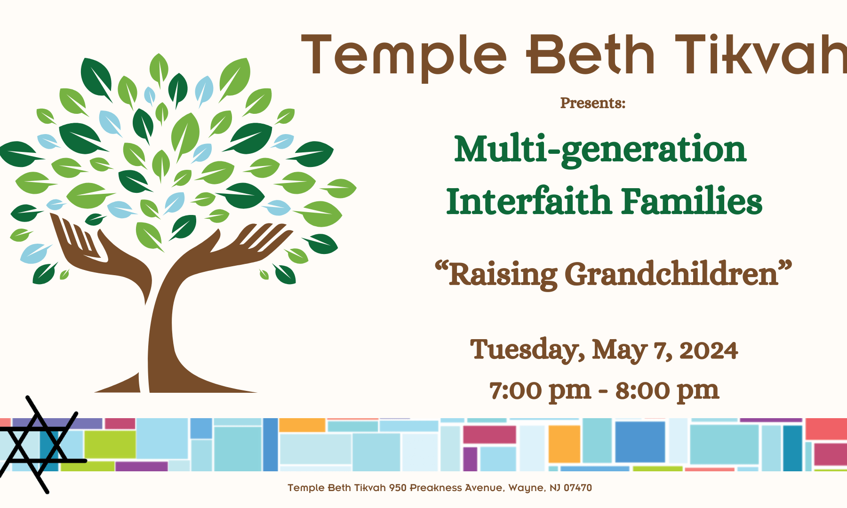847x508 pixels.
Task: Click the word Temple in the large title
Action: click(x=404, y=56)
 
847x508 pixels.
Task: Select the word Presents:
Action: click(x=592, y=103)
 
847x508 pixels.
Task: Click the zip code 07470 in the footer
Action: click(x=578, y=488)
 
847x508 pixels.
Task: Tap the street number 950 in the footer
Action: click(x=398, y=488)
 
